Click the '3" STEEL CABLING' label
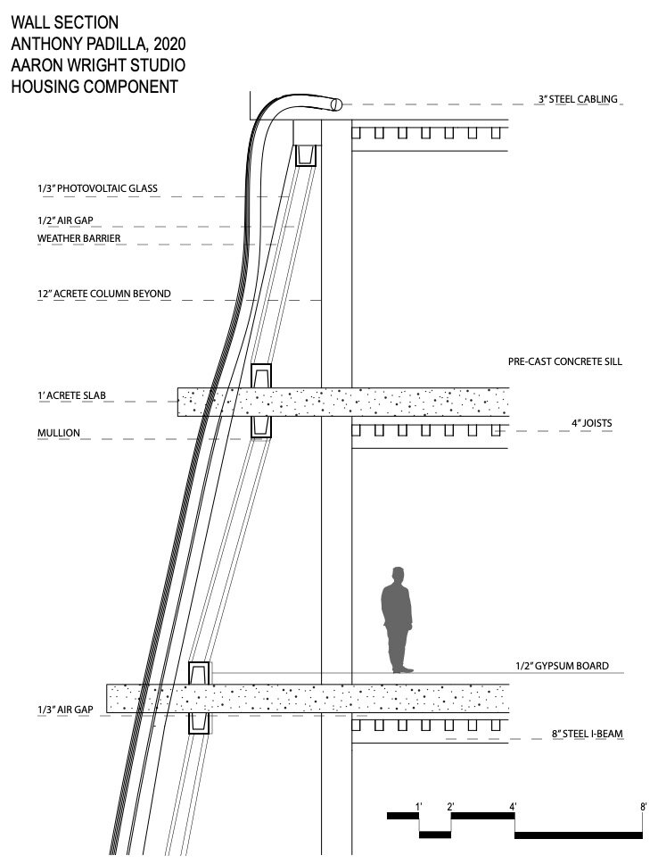(x=578, y=99)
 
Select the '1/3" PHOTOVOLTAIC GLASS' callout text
(x=97, y=188)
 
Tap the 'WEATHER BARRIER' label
(x=78, y=238)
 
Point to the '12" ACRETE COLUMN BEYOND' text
(x=104, y=294)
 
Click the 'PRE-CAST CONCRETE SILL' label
(x=565, y=361)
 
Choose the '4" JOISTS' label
(x=591, y=423)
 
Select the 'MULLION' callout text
(x=59, y=433)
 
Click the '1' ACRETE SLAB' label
(x=71, y=395)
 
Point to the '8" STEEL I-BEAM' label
(x=587, y=734)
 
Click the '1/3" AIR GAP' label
(x=65, y=710)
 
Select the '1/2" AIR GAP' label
(x=65, y=220)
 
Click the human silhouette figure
(x=397, y=620)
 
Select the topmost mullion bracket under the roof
(x=307, y=154)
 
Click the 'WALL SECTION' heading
(x=65, y=22)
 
